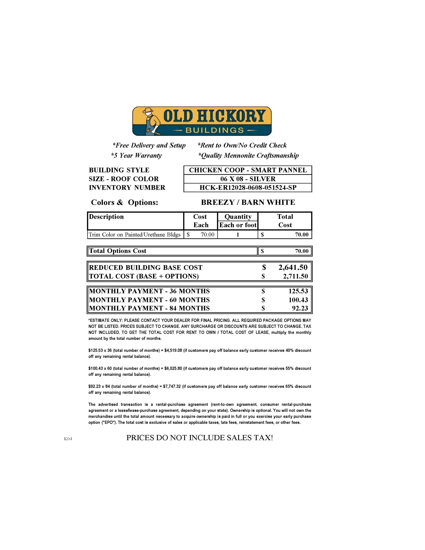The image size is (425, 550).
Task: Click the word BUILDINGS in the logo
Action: click(x=214, y=130)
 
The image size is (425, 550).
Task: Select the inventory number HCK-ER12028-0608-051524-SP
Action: click(x=248, y=188)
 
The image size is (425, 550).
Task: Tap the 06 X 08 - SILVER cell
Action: click(x=248, y=179)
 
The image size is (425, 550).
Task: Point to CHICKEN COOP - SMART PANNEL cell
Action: click(x=248, y=170)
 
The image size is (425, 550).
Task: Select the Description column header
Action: click(x=106, y=217)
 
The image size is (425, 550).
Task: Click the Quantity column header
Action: click(x=238, y=217)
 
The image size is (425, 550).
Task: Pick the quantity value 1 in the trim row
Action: click(x=238, y=235)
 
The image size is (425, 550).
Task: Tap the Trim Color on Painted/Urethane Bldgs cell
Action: click(x=134, y=235)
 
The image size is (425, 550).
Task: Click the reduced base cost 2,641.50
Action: click(x=293, y=267)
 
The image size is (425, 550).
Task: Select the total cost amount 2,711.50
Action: click(x=295, y=276)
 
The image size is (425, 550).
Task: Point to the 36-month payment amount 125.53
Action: click(x=298, y=291)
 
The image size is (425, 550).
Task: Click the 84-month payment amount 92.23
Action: click(x=300, y=308)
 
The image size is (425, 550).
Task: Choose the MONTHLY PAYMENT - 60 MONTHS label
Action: click(x=149, y=300)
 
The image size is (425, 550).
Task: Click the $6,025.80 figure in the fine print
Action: click(x=173, y=368)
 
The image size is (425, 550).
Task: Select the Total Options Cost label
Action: click(x=117, y=251)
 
